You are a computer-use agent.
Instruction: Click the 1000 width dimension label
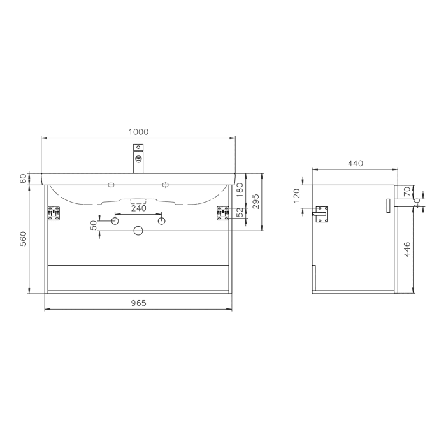[x=138, y=132]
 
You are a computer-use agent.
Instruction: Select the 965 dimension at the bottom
[x=138, y=303]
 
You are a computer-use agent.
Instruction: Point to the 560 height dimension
[x=24, y=240]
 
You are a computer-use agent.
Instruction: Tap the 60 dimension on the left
[x=24, y=179]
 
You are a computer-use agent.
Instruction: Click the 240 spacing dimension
[x=138, y=208]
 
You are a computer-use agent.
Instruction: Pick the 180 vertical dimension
[x=240, y=189]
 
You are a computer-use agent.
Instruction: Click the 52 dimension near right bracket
[x=240, y=212]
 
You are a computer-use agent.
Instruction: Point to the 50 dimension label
[x=94, y=226]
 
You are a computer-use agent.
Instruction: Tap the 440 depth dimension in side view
[x=355, y=163]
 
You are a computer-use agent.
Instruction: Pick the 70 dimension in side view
[x=407, y=191]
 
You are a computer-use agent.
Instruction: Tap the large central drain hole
[x=138, y=231]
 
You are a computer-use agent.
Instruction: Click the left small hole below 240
[x=115, y=220]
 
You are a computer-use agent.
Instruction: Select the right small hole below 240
[x=161, y=220]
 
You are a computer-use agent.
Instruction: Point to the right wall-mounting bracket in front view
[x=223, y=213]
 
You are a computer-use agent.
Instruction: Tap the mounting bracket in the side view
[x=324, y=214]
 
